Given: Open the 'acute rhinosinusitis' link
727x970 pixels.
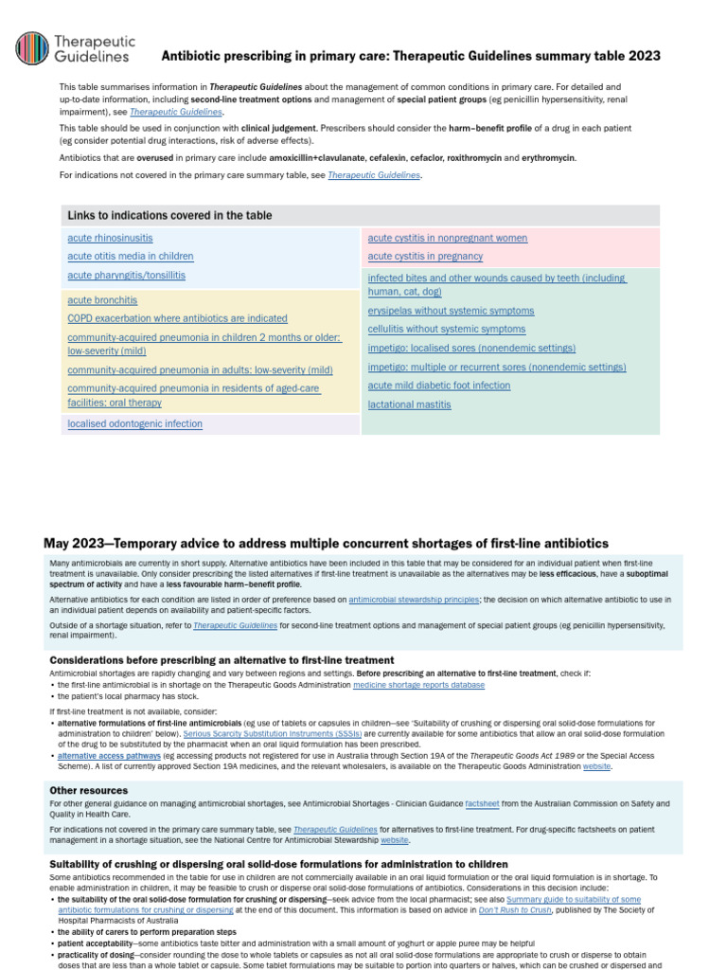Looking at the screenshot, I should (x=110, y=238).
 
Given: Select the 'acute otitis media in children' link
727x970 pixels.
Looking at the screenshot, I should (x=131, y=257).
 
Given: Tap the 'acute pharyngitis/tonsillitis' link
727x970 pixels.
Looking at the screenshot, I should (x=126, y=276).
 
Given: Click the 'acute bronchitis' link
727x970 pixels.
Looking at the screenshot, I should (x=102, y=300).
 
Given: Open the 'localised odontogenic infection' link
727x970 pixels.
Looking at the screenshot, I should (x=134, y=424).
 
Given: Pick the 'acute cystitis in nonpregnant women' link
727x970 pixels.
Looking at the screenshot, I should (x=447, y=238).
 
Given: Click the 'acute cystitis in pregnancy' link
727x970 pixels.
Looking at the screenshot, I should (x=425, y=257).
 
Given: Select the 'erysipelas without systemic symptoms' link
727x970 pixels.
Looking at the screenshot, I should (x=451, y=311).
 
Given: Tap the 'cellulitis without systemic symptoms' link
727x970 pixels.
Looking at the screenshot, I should (x=446, y=330).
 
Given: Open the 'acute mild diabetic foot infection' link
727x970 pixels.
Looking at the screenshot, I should (x=438, y=386).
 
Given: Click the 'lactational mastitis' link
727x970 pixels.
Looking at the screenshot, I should (x=409, y=404).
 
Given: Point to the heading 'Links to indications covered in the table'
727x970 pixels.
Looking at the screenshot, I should (x=168, y=216).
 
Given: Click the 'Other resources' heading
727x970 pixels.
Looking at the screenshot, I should (x=88, y=790).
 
